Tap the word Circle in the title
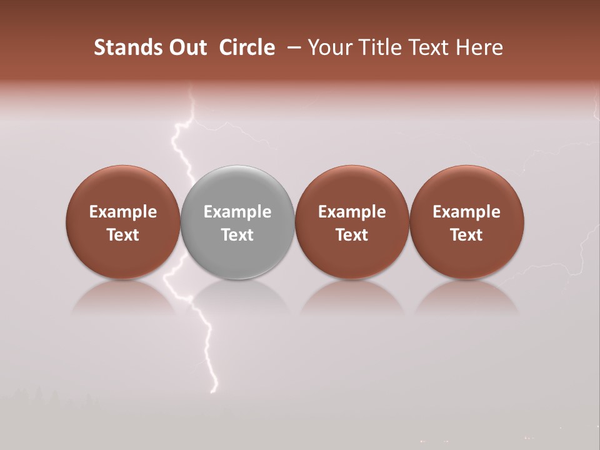[x=247, y=47]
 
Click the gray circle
[x=237, y=187]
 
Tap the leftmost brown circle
[x=123, y=187]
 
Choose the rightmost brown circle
[x=466, y=187]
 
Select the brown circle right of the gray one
[x=352, y=187]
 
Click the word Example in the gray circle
[x=237, y=212]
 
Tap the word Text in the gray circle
[x=237, y=235]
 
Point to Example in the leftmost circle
[x=123, y=212]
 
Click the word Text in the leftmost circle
[x=123, y=235]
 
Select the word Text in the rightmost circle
[x=466, y=235]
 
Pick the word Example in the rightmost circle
[x=466, y=212]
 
